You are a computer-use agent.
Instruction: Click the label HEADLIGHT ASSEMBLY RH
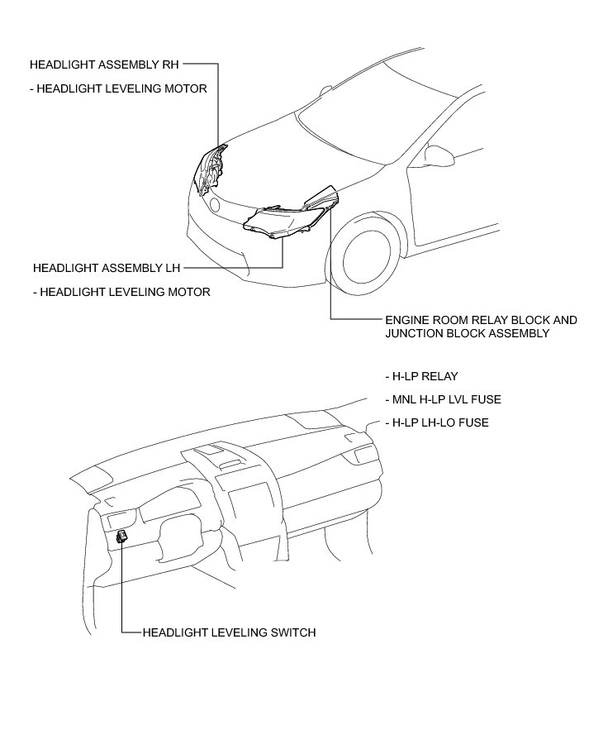tap(103, 63)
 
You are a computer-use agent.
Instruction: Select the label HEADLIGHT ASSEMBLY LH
tap(106, 268)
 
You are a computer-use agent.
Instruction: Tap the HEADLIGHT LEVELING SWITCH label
tap(229, 632)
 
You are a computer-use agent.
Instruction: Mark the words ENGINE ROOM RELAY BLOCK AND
tap(481, 320)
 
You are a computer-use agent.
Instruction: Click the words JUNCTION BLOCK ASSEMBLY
tap(467, 333)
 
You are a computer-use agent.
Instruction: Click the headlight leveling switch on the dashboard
tap(122, 536)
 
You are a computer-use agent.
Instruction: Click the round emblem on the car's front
tap(215, 204)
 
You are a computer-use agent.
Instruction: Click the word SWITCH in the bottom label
tap(292, 632)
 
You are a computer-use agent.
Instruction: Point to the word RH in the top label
tap(169, 63)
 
